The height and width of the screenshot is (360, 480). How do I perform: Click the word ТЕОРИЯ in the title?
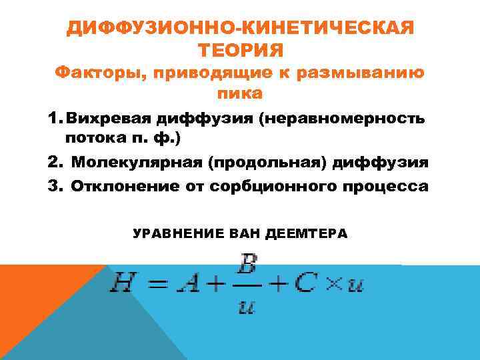coord(241,49)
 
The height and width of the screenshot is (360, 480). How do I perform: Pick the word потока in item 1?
coord(90,140)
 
